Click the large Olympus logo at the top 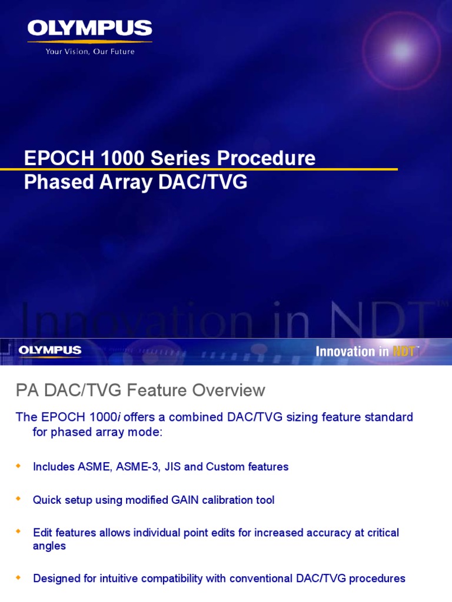coord(89,29)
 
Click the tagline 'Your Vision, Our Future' coord(90,52)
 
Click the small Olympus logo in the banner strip coord(50,351)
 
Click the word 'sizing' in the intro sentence coord(295,417)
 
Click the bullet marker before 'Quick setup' coord(18,499)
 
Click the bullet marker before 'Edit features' coord(18,532)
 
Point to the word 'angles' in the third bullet coord(49,546)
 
